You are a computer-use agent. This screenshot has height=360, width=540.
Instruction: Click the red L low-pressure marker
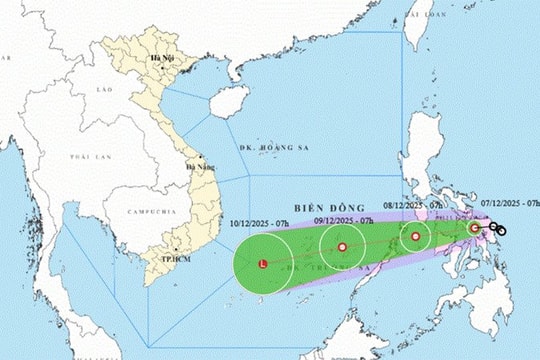pos(263,265)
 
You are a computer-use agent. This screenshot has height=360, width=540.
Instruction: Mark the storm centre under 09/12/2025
pos(342,246)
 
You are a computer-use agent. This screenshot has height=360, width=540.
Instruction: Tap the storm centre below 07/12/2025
pos(475,228)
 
